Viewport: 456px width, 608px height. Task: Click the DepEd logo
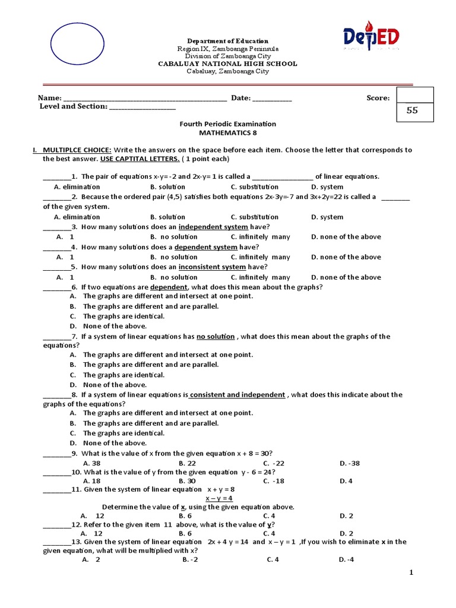click(x=370, y=36)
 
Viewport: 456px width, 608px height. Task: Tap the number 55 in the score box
click(x=412, y=110)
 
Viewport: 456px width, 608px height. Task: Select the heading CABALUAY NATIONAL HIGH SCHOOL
click(x=227, y=64)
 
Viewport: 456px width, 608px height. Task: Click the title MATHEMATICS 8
click(x=227, y=133)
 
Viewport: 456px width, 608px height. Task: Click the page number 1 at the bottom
click(x=410, y=572)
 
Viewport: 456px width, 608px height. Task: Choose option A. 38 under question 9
click(x=92, y=463)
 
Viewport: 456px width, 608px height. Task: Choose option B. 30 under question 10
click(x=187, y=481)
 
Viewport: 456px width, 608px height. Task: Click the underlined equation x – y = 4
click(x=219, y=498)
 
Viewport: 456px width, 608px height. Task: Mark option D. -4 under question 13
click(x=346, y=559)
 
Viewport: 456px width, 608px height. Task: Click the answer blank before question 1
click(x=56, y=177)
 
